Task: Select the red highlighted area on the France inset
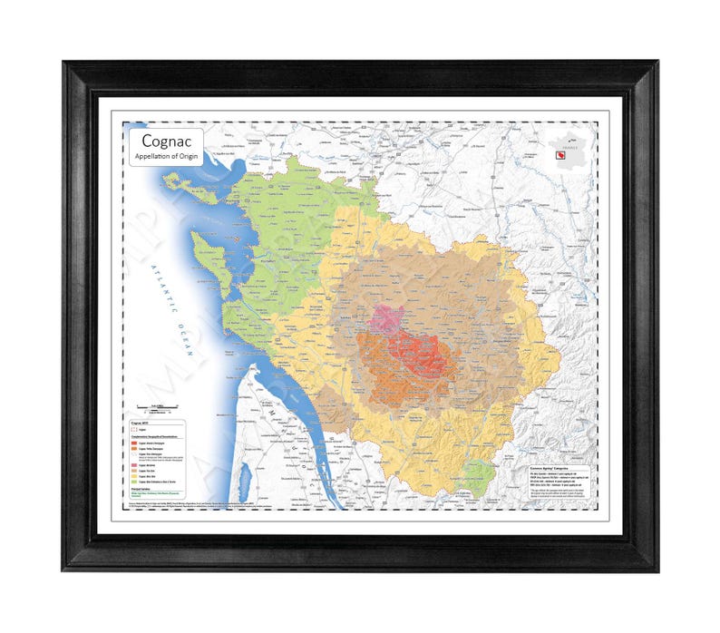pyautogui.click(x=561, y=156)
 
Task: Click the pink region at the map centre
pyautogui.click(x=388, y=320)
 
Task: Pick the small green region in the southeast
pyautogui.click(x=477, y=475)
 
